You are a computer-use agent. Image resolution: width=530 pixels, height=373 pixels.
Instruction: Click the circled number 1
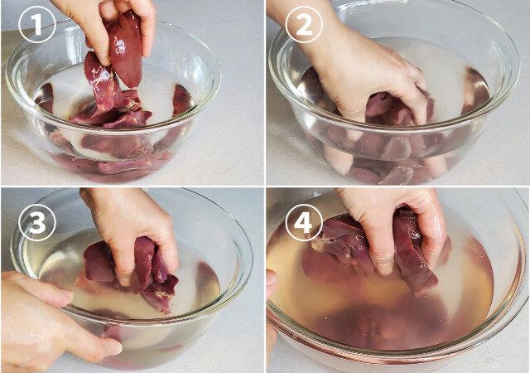point(36,25)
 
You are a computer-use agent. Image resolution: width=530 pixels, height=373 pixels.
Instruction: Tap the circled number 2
point(304,25)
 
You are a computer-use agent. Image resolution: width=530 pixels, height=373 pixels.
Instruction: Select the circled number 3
point(36,223)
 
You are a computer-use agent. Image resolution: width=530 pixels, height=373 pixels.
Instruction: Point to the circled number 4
point(304,223)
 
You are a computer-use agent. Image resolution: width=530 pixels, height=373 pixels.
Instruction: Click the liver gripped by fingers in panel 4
point(412,250)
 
